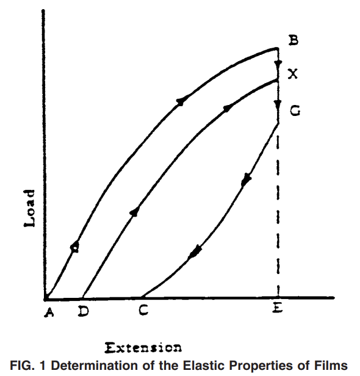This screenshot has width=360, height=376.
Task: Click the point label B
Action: pos(293,40)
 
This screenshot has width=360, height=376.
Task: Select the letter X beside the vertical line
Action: pos(293,74)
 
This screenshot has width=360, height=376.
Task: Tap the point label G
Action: pos(295,111)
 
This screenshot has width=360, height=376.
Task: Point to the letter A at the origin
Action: pos(49,313)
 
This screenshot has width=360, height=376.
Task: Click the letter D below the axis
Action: pos(84,311)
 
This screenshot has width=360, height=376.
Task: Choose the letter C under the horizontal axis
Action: pos(143,310)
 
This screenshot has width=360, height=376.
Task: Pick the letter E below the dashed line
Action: pos(278,308)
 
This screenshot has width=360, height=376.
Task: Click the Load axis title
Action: pos(30,208)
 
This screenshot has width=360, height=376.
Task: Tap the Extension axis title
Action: pos(143,348)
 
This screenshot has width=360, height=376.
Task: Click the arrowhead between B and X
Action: pos(278,65)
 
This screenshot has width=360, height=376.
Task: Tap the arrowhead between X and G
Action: pos(278,105)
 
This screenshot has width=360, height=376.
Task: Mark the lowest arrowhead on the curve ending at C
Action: pos(195,251)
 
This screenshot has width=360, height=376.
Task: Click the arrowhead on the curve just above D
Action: pos(134,212)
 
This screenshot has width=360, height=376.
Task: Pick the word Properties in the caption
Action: pos(261,366)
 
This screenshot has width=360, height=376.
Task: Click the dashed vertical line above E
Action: pos(278,216)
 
